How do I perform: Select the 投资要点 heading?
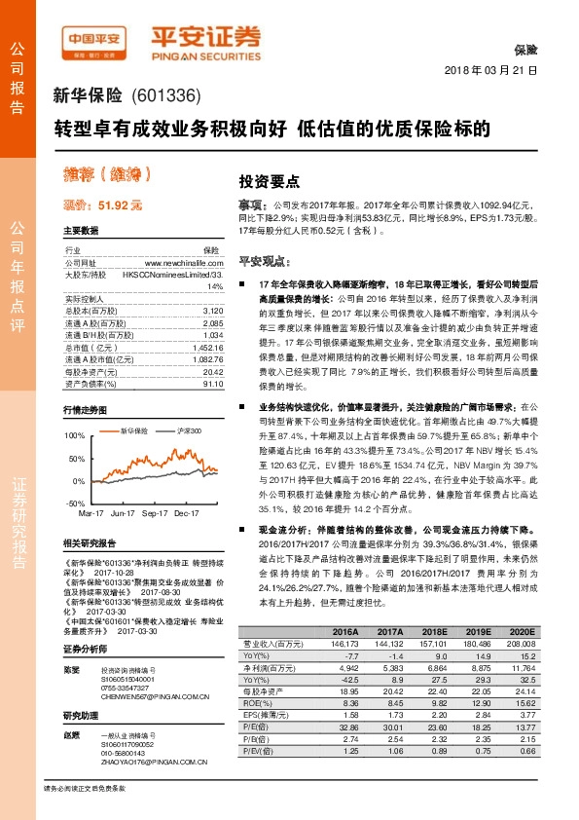pyautogui.click(x=270, y=181)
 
